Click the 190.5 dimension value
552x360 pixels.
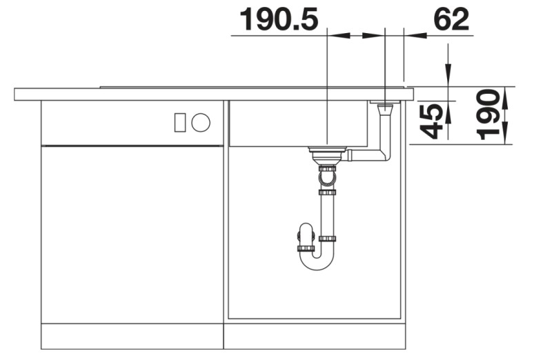(x=278, y=20)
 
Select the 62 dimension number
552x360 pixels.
(x=451, y=20)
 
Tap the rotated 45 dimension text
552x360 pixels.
(x=432, y=122)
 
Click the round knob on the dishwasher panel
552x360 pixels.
(x=201, y=123)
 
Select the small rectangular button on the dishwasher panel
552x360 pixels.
(x=180, y=123)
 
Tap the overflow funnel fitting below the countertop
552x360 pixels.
(x=384, y=107)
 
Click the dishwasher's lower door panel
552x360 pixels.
(x=132, y=234)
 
